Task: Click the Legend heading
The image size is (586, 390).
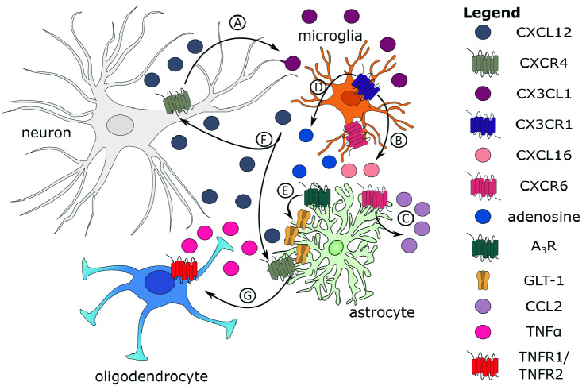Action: pyautogui.click(x=491, y=13)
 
